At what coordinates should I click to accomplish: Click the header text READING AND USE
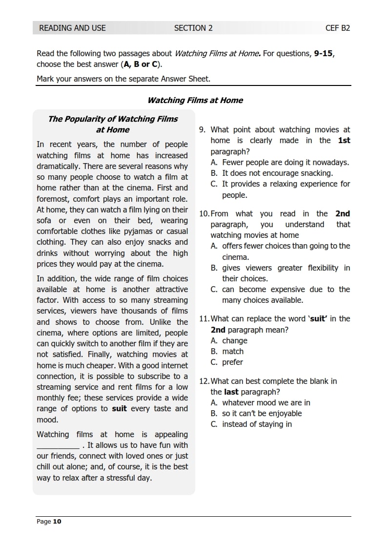pyautogui.click(x=72, y=28)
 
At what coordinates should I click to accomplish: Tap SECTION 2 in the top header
pyautogui.click(x=193, y=28)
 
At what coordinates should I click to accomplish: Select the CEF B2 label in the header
pyautogui.click(x=338, y=28)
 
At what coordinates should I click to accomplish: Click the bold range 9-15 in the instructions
pyautogui.click(x=324, y=53)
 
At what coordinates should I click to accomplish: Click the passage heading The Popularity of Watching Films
pyautogui.click(x=113, y=119)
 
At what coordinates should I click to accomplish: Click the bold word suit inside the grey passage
pyautogui.click(x=119, y=408)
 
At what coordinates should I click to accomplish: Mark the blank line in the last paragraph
pyautogui.click(x=58, y=445)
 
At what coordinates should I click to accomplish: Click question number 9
pyautogui.click(x=202, y=130)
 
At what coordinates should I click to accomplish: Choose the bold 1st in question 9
pyautogui.click(x=344, y=141)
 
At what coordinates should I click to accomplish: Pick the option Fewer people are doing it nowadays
pyautogui.click(x=285, y=162)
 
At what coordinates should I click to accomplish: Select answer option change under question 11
pyautogui.click(x=235, y=340)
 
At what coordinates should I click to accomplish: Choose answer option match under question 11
pyautogui.click(x=233, y=351)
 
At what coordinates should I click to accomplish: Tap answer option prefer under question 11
pyautogui.click(x=232, y=362)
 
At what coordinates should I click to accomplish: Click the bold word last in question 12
pyautogui.click(x=231, y=392)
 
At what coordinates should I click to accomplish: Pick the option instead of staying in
pyautogui.click(x=257, y=424)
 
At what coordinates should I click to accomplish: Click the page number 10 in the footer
pyautogui.click(x=57, y=522)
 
